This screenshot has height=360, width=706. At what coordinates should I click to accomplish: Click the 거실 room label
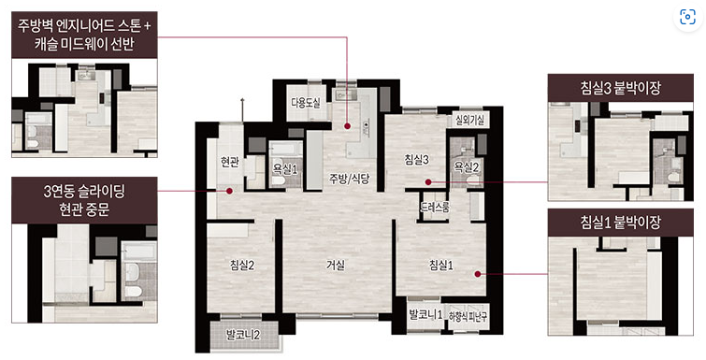pyautogui.click(x=336, y=266)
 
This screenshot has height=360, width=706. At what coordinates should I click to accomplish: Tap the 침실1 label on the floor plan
pyautogui.click(x=441, y=266)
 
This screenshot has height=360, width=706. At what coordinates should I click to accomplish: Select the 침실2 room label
pyautogui.click(x=242, y=266)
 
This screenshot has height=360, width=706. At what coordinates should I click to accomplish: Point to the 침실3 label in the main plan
pyautogui.click(x=416, y=159)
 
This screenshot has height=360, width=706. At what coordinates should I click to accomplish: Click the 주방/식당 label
pyautogui.click(x=350, y=180)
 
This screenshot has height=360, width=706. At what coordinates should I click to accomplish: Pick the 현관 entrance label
pyautogui.click(x=230, y=162)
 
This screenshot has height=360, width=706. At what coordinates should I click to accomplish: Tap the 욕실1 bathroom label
pyautogui.click(x=285, y=168)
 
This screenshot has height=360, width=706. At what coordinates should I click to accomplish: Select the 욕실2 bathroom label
pyautogui.click(x=466, y=167)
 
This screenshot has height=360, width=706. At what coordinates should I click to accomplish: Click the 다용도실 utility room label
pyautogui.click(x=306, y=103)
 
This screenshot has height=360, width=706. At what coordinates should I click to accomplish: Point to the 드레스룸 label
pyautogui.click(x=435, y=207)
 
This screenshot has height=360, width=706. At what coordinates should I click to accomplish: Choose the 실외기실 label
pyautogui.click(x=469, y=120)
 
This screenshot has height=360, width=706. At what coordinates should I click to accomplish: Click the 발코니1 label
pyautogui.click(x=425, y=314)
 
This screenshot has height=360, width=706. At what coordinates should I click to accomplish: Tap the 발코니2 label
pyautogui.click(x=243, y=335)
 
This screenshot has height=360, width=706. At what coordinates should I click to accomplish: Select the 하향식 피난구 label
pyautogui.click(x=468, y=317)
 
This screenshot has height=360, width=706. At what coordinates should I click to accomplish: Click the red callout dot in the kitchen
pyautogui.click(x=348, y=126)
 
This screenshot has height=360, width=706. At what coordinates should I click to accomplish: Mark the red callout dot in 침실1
pyautogui.click(x=478, y=274)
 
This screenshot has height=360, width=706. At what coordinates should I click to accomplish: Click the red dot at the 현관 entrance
pyautogui.click(x=230, y=191)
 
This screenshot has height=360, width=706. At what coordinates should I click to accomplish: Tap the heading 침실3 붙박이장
pyautogui.click(x=620, y=88)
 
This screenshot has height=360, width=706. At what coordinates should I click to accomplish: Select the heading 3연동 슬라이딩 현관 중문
pyautogui.click(x=84, y=200)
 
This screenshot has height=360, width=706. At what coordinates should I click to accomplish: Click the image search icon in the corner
pyautogui.click(x=687, y=17)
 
